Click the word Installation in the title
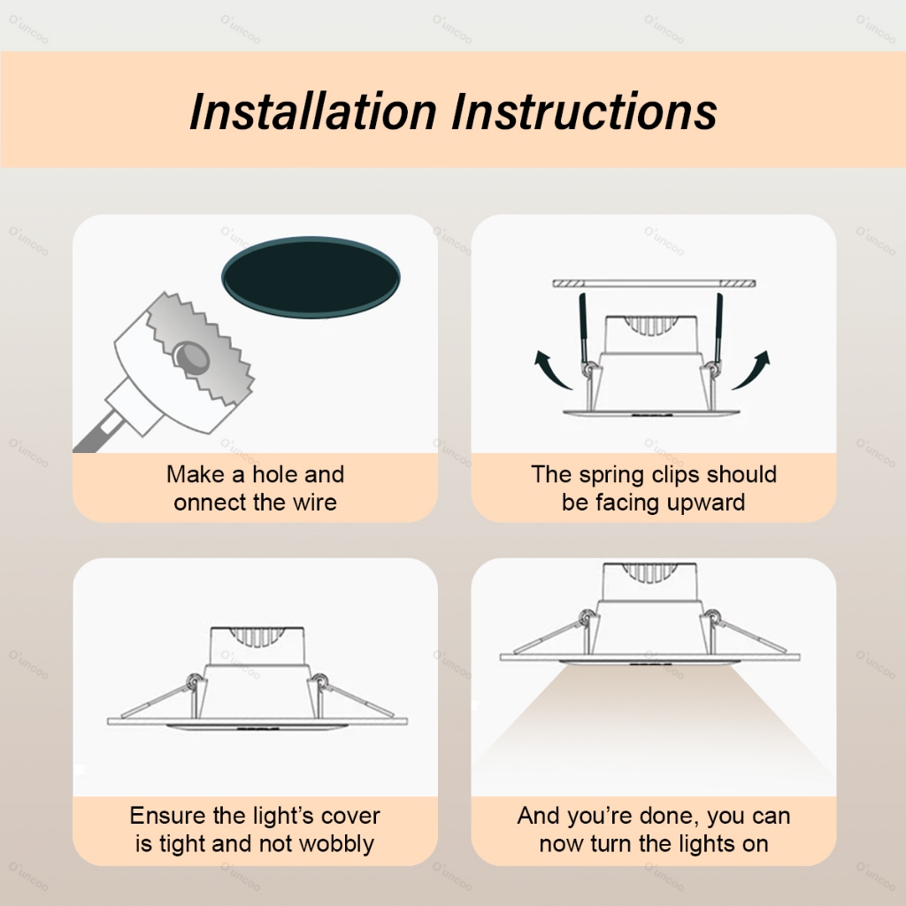click(312, 111)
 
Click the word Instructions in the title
click(584, 111)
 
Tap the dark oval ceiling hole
click(311, 277)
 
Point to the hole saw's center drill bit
click(192, 357)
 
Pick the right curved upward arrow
click(752, 369)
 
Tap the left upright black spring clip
click(584, 327)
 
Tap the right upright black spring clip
click(718, 327)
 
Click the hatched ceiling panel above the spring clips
click(654, 283)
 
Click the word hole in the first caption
click(274, 474)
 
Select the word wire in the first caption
click(315, 503)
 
